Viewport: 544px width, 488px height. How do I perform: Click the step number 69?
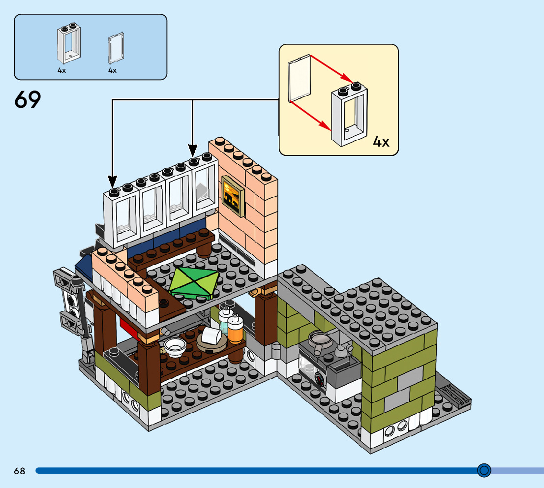click(28, 100)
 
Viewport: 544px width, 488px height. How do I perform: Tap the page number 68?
click(19, 471)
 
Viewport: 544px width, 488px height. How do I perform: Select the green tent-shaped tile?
click(194, 283)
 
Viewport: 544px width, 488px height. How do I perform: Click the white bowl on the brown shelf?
click(174, 347)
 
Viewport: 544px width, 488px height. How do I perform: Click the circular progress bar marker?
click(484, 470)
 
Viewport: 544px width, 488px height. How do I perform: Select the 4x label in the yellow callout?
click(381, 143)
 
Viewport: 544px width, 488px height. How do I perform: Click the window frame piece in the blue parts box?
click(69, 43)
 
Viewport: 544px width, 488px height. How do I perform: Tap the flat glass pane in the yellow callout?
click(300, 78)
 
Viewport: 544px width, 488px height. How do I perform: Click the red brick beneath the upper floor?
click(129, 325)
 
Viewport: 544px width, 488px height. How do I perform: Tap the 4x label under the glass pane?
click(112, 71)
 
